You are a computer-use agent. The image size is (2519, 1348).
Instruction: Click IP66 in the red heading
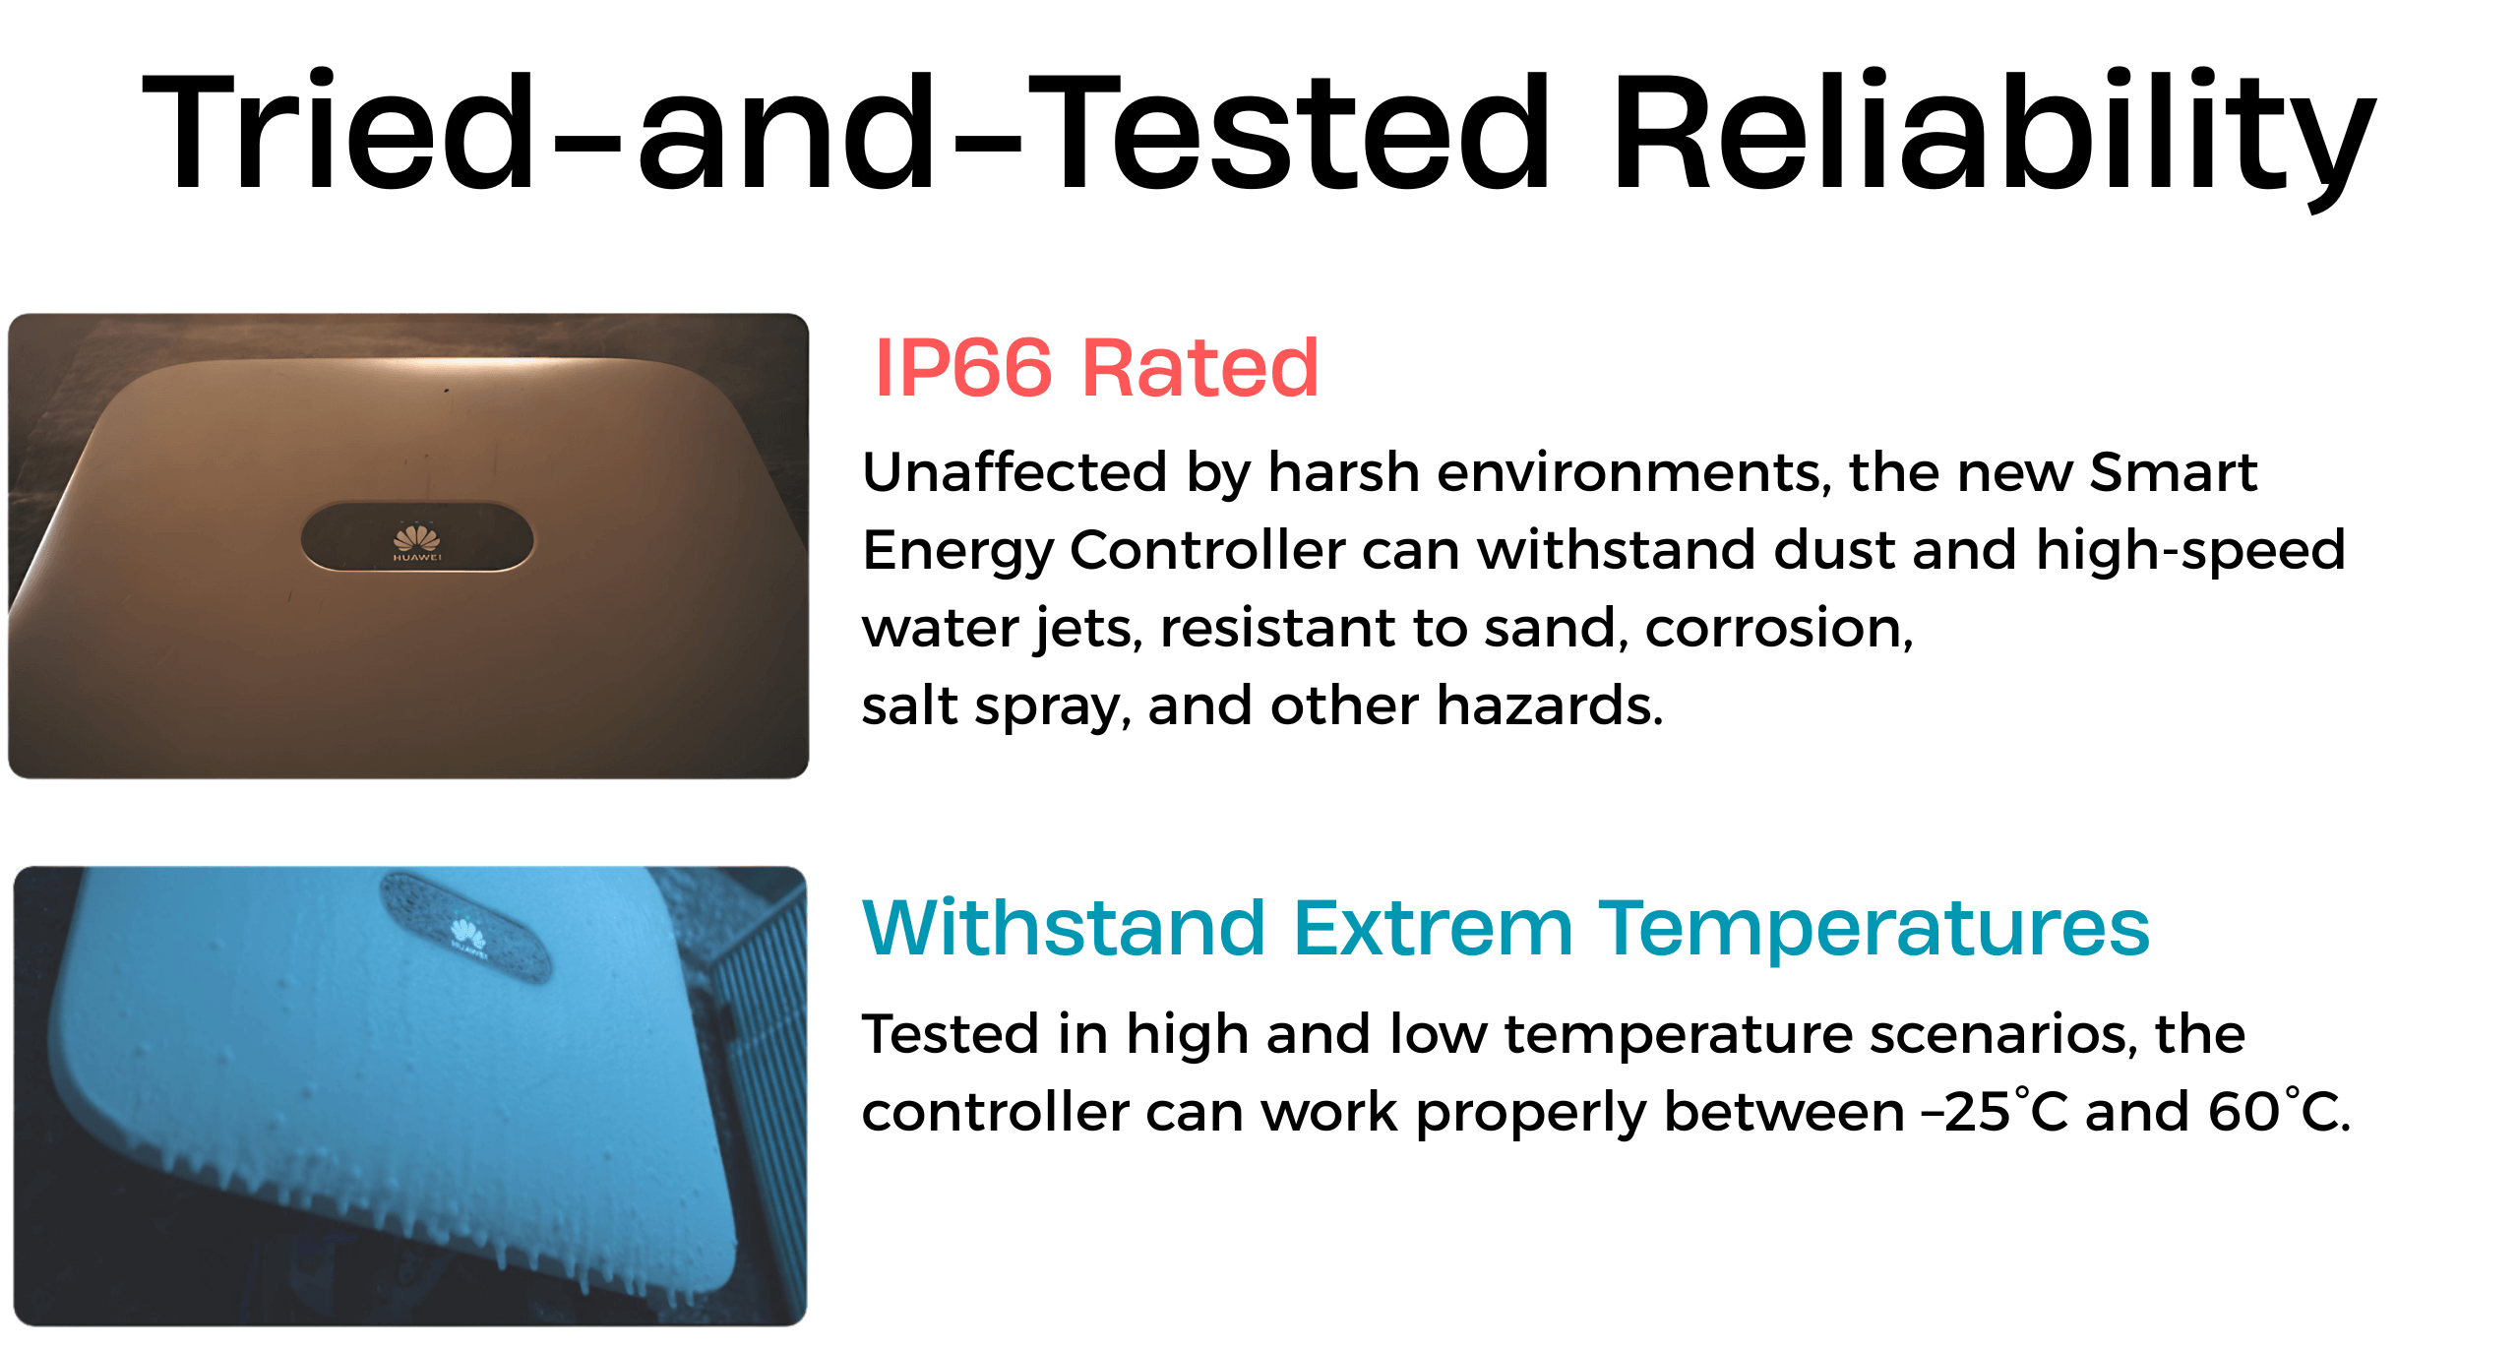pyautogui.click(x=963, y=367)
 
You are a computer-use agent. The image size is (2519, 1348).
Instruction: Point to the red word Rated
pyautogui.click(x=1200, y=367)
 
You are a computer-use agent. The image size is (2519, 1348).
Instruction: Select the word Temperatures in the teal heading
pyautogui.click(x=1874, y=930)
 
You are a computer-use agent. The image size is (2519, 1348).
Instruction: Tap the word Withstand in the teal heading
pyautogui.click(x=1064, y=927)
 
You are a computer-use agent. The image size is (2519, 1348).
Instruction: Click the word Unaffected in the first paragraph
pyautogui.click(x=1014, y=472)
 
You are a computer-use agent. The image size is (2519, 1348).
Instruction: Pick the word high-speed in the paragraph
pyautogui.click(x=2190, y=552)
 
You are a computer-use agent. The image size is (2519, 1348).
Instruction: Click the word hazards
pyautogui.click(x=1550, y=705)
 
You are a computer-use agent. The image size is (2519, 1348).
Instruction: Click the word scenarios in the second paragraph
pyautogui.click(x=2003, y=1035)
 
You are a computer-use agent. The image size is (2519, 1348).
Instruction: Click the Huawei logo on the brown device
pyautogui.click(x=417, y=542)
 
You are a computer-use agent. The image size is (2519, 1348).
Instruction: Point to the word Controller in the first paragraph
pyautogui.click(x=1207, y=550)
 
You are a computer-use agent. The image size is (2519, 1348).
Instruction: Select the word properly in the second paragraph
pyautogui.click(x=1531, y=1115)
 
